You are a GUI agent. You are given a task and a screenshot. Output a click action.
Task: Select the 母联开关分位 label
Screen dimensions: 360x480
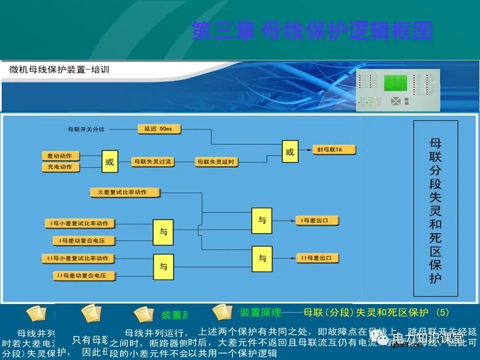86,129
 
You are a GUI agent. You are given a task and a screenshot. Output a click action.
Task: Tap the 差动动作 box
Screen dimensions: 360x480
60,156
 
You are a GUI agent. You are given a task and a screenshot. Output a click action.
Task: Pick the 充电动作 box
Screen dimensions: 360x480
60,167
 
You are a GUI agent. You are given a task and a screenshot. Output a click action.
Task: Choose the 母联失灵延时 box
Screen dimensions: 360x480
216,161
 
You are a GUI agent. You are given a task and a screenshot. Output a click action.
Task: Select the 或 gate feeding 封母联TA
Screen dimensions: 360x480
289,152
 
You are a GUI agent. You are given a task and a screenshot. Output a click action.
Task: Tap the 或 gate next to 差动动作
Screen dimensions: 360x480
110,162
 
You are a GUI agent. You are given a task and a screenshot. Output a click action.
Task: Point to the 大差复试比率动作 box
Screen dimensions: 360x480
125,192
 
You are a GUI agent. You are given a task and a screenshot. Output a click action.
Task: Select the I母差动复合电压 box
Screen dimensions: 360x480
84,241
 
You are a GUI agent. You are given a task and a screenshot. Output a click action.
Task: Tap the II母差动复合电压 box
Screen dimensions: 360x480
84,275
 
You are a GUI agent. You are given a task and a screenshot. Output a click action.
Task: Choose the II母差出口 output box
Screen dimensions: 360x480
318,258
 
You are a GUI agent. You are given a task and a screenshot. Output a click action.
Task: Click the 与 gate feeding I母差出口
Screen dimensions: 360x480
262,220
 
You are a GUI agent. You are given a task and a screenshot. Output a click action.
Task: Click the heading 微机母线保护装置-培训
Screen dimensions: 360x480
59,70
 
